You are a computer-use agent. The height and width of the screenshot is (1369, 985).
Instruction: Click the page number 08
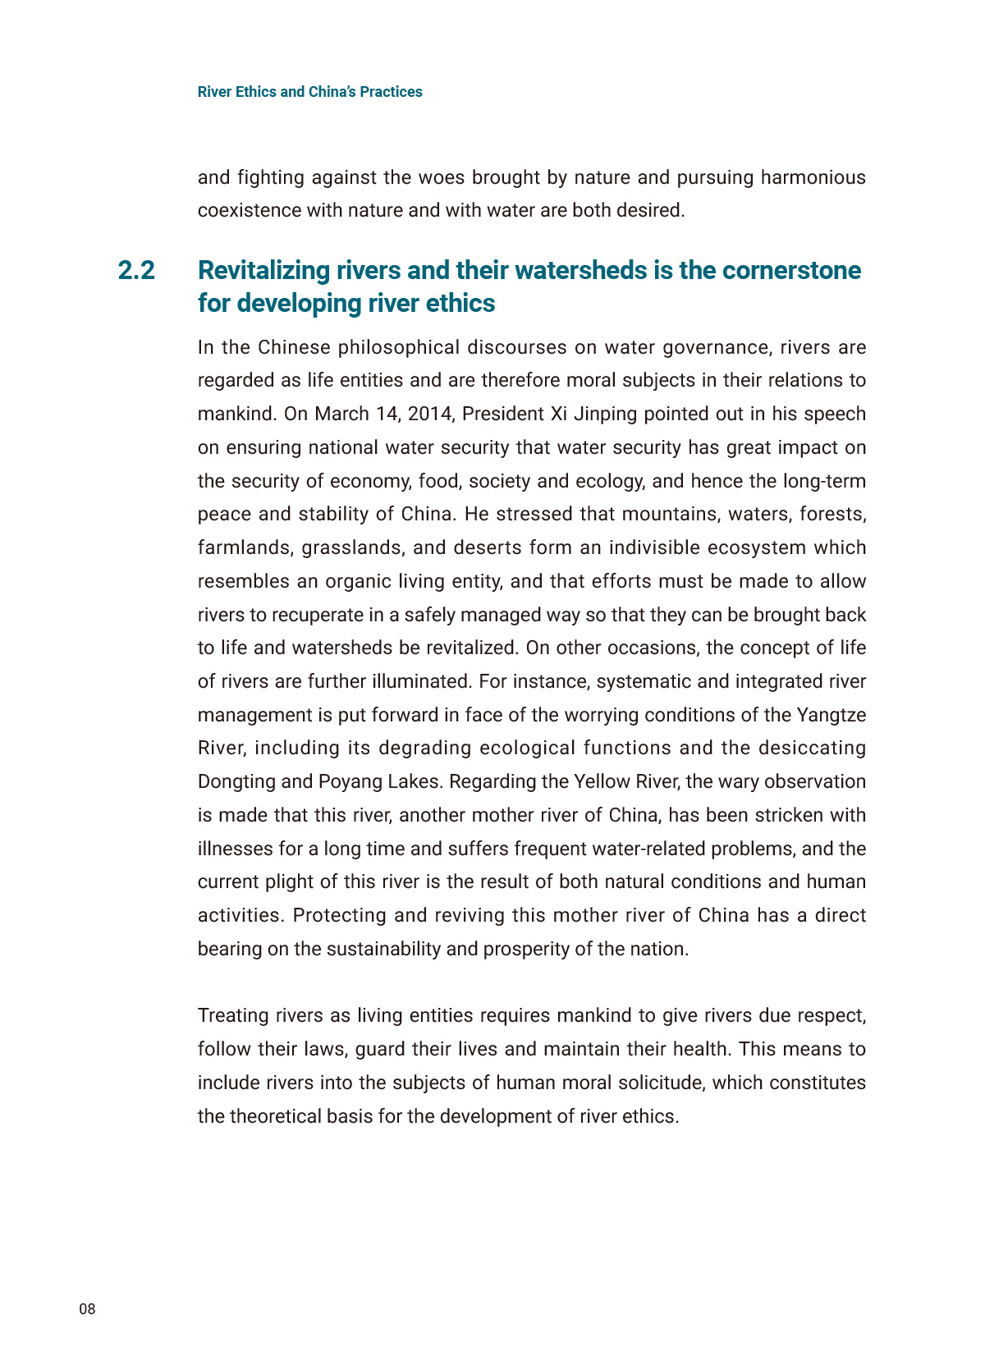click(87, 1309)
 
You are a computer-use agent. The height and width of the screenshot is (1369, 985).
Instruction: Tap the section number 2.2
click(136, 270)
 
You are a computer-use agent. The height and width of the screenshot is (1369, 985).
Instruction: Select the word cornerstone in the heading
click(791, 270)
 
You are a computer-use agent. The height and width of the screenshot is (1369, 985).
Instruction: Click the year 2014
click(430, 414)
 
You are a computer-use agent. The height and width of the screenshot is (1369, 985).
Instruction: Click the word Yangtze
click(832, 715)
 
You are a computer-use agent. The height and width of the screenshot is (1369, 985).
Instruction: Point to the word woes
click(442, 177)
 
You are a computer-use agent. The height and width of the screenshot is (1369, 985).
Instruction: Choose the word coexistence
click(249, 210)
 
